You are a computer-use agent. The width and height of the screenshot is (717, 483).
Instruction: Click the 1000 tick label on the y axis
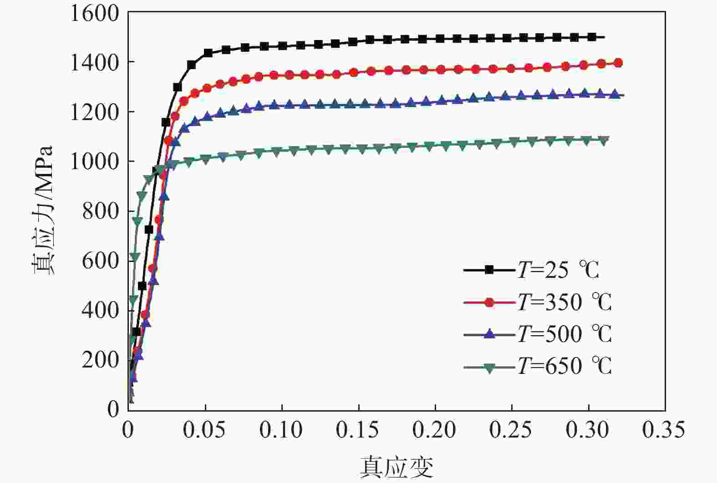pos(94,161)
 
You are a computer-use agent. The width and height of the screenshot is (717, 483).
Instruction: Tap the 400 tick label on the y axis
pos(100,310)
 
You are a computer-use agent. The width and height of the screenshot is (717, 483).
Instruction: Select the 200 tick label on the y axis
pos(100,360)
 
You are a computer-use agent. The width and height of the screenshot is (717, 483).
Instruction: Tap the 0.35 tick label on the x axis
pos(664,430)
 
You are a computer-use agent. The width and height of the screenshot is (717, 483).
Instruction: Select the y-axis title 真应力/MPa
pos(44,210)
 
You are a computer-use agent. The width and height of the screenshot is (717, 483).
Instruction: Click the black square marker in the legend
pos(489,270)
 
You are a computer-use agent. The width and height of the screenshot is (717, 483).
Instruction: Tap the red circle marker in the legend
pos(489,302)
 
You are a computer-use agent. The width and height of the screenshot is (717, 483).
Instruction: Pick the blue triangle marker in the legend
pos(489,334)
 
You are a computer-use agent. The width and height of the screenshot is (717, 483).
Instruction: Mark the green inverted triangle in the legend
pos(489,367)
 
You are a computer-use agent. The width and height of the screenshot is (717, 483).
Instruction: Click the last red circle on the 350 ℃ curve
pos(618,63)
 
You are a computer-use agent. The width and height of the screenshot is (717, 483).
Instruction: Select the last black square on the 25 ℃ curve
pos(592,37)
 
